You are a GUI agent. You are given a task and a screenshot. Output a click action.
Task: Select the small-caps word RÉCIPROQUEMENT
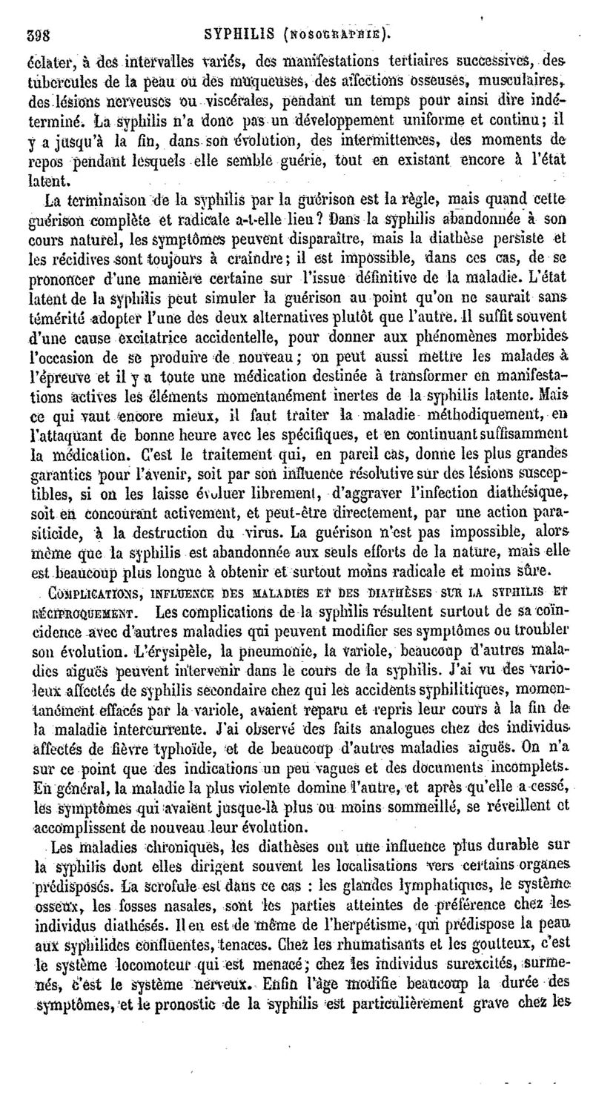coord(82,593)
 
